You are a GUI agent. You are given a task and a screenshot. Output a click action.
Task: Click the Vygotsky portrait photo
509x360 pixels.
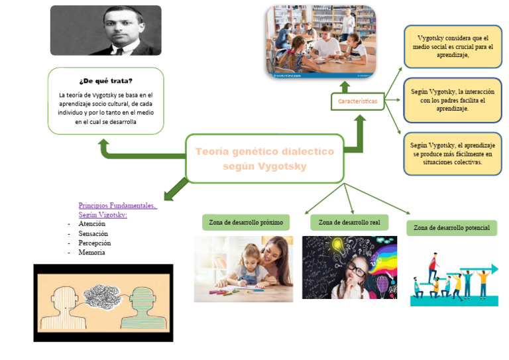106,30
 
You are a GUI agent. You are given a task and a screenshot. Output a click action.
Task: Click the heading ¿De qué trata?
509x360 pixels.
105,81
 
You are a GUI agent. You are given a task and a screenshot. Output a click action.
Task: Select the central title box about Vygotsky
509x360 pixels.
264,158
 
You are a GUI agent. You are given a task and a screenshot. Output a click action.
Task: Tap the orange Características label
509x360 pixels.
358,101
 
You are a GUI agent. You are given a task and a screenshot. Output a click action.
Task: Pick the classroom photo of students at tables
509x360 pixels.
321,40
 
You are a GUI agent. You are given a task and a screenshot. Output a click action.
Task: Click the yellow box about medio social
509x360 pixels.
453,46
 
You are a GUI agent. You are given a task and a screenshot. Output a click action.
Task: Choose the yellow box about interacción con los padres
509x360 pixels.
453,100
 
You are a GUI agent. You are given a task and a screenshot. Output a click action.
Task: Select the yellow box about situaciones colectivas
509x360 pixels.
453,153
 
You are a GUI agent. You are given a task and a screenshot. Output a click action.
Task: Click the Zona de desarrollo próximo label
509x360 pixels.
246,222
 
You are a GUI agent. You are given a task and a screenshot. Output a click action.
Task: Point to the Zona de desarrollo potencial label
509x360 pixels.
451,228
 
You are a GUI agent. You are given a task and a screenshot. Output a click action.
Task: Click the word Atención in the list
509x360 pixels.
91,224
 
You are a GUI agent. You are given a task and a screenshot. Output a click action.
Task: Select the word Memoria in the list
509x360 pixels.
91,253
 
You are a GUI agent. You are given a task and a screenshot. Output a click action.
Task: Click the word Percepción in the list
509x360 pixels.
94,243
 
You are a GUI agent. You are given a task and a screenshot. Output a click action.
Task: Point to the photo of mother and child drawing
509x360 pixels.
243,269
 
